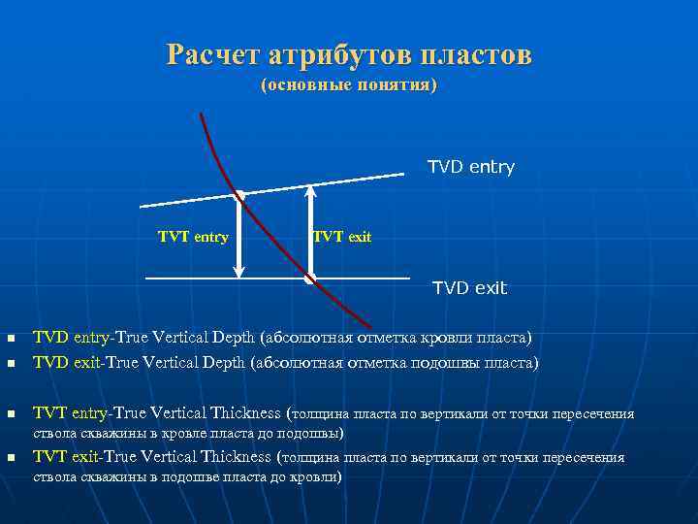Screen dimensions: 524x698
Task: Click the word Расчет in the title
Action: [210, 54]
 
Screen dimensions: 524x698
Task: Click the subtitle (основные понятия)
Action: [349, 86]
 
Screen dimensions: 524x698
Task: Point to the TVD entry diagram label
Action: [471, 168]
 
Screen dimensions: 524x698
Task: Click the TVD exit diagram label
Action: [469, 288]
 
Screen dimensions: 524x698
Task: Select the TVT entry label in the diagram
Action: [193, 238]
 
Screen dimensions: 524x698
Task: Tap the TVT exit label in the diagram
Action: [341, 238]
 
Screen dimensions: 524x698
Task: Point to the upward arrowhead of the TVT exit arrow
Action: [309, 191]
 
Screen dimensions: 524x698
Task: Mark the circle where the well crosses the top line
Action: [239, 196]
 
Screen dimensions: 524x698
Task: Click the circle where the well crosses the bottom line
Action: [309, 279]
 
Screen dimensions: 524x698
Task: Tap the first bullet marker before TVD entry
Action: [10, 340]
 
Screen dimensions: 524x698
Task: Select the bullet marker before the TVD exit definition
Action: [10, 364]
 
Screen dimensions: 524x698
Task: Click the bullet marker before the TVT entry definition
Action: [10, 414]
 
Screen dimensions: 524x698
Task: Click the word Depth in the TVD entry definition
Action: [234, 338]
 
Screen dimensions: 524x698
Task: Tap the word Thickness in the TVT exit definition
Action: [235, 457]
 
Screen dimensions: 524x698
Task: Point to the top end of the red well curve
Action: [201, 115]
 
